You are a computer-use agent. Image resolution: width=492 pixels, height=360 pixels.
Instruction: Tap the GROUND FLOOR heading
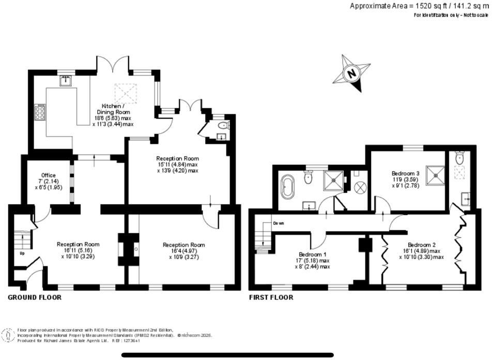pyautogui.click(x=35, y=297)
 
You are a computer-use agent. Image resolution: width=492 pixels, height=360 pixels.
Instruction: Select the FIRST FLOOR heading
pyautogui.click(x=271, y=297)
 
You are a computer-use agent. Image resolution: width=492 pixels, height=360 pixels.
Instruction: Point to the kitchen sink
pyautogui.click(x=66, y=81)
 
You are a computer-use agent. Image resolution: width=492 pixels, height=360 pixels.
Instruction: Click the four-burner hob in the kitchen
pyautogui.click(x=39, y=112)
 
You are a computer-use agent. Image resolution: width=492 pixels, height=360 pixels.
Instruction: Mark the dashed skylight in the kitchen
pyautogui.click(x=124, y=93)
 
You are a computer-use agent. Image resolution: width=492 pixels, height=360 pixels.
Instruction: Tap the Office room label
pyautogui.click(x=48, y=175)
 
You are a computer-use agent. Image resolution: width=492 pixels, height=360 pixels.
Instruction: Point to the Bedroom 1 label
pyautogui.click(x=313, y=254)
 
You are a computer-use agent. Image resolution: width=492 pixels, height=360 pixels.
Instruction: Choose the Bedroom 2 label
pyautogui.click(x=421, y=245)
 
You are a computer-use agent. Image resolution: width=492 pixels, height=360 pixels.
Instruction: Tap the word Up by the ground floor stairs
pyautogui.click(x=22, y=254)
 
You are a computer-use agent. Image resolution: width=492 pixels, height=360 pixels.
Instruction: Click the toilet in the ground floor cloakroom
pyautogui.click(x=222, y=126)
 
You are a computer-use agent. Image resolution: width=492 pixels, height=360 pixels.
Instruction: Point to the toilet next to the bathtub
pyautogui.click(x=309, y=178)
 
